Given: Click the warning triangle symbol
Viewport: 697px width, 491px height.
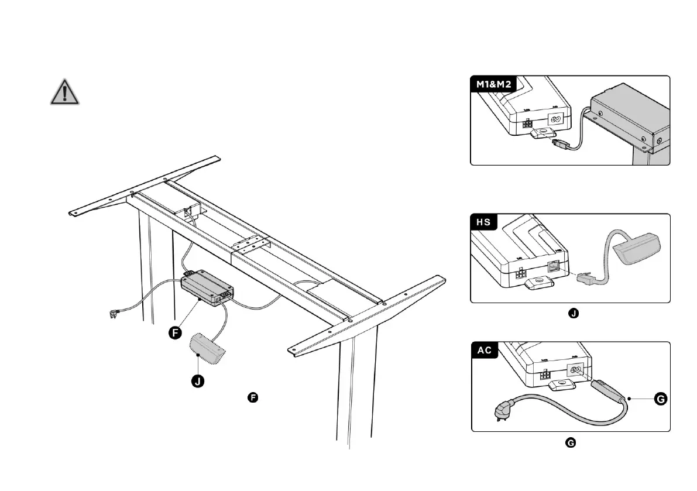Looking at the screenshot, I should coord(64,92).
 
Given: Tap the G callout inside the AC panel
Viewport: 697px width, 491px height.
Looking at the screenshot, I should coord(660,399).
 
